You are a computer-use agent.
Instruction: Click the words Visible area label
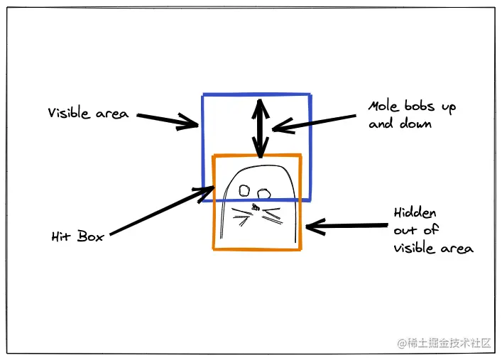click(x=88, y=113)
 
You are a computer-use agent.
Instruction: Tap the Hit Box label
click(x=77, y=236)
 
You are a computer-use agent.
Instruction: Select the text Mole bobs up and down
click(x=411, y=115)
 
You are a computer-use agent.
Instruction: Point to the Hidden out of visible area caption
click(x=432, y=231)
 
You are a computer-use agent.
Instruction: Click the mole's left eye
click(x=244, y=190)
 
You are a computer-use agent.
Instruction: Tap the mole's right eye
click(x=264, y=192)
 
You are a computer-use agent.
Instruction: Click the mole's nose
click(x=255, y=207)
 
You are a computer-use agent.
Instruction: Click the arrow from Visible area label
click(x=168, y=120)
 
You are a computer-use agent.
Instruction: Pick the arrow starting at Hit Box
click(x=161, y=210)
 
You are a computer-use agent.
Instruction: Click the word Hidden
click(x=415, y=213)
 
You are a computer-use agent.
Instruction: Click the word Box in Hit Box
click(x=90, y=236)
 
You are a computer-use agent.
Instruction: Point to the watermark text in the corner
click(x=444, y=342)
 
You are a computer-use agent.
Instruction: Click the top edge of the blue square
click(x=256, y=94)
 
